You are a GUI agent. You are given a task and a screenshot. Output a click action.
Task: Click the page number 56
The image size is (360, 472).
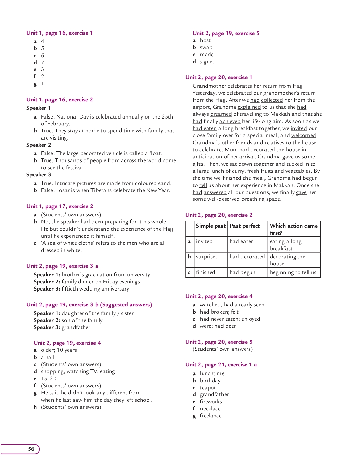tap(31, 449)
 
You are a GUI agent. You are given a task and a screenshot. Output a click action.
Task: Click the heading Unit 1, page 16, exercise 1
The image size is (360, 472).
tap(60, 33)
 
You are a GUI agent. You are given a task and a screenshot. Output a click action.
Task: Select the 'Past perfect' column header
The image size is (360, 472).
tap(245, 226)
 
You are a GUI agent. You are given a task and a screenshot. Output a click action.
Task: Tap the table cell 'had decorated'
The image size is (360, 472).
tap(247, 257)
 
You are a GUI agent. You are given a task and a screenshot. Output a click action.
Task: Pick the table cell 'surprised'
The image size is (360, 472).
tap(207, 257)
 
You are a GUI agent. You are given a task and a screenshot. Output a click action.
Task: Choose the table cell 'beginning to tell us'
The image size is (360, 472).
tap(293, 272)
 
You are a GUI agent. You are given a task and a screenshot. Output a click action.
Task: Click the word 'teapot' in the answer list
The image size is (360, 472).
tap(208, 388)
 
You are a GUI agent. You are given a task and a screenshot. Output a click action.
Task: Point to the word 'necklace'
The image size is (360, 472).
tap(210, 409)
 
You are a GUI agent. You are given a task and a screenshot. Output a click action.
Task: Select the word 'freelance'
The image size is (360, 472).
tap(211, 416)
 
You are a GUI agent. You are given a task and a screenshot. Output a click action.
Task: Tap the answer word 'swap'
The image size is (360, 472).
tap(206, 47)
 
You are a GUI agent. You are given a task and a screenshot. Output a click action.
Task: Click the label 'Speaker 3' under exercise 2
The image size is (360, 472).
tap(39, 175)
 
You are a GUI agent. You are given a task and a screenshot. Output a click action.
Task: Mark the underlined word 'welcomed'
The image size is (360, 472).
tap(303, 135)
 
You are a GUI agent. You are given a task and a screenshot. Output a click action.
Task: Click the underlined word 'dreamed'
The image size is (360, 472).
tap(221, 114)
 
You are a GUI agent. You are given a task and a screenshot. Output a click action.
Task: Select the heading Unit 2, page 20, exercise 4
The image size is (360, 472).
tap(219, 296)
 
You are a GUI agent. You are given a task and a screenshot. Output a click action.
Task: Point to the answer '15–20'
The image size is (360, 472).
tap(48, 379)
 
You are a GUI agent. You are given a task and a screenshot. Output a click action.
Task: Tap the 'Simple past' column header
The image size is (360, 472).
tap(211, 226)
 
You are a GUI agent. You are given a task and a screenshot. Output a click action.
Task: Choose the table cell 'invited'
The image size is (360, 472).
tap(204, 241)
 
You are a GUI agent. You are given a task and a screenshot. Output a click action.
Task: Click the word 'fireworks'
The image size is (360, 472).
tap(211, 402)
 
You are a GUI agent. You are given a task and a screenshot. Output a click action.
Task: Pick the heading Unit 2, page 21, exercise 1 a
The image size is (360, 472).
tap(221, 365)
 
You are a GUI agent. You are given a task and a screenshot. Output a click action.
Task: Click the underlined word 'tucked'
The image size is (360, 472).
tap(294, 164)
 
